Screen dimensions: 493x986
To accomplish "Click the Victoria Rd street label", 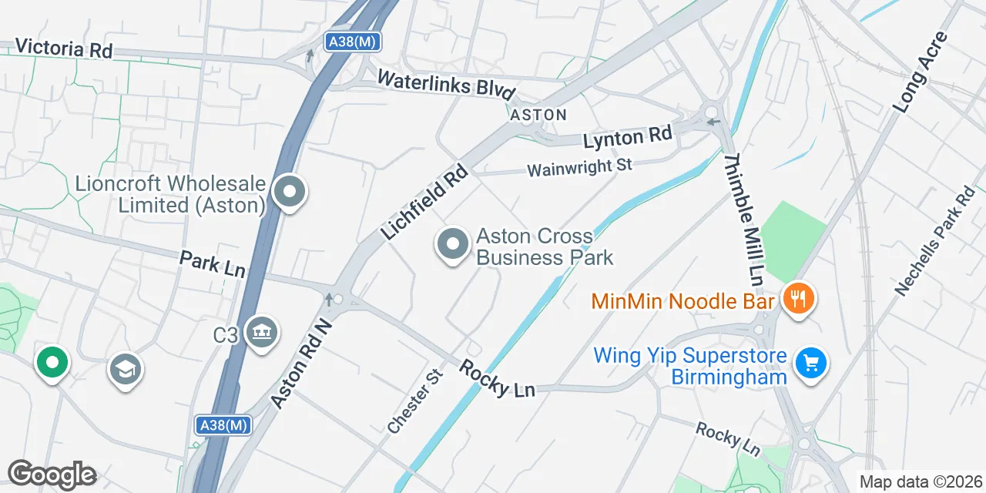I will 63,49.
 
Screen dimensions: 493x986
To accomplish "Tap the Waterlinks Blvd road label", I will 446,83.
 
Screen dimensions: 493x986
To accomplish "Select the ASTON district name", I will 538,115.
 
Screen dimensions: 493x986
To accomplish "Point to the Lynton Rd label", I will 627,139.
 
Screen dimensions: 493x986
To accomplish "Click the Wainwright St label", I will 579,167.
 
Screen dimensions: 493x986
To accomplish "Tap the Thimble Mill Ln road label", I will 743,217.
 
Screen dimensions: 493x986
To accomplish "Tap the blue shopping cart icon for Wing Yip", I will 810,361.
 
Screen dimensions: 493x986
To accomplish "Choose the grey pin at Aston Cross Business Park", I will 452,244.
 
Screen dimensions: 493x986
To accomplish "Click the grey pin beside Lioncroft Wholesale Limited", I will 290,192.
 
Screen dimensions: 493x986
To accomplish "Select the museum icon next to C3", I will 262,333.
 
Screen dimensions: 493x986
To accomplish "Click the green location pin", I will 52,362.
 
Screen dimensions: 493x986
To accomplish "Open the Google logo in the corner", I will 52,475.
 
